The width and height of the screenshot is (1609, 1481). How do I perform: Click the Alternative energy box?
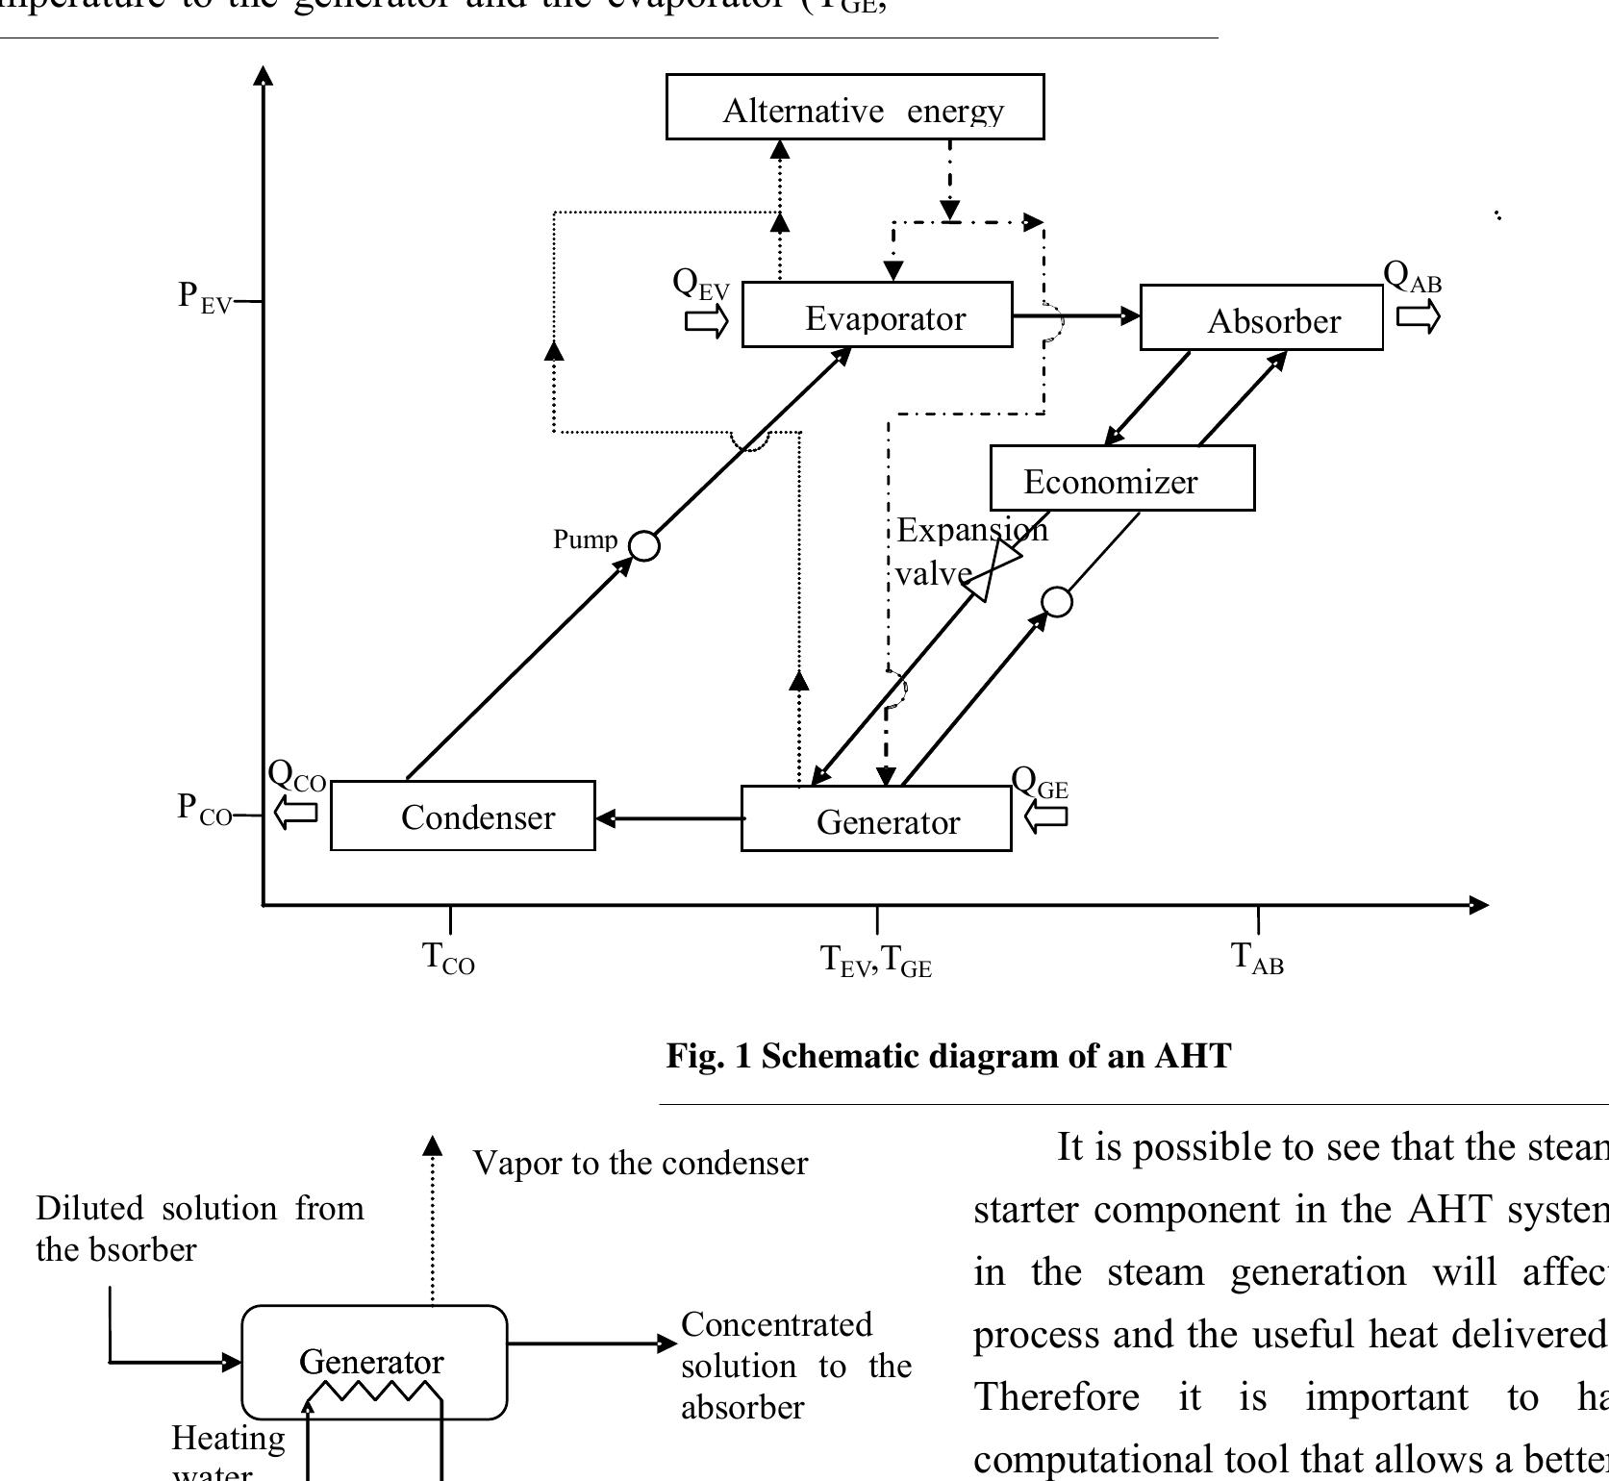click(855, 107)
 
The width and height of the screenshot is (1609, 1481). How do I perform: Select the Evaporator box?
click(877, 314)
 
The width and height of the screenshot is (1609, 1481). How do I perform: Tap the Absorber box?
click(1261, 318)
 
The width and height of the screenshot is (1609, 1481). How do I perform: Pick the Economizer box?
click(1121, 478)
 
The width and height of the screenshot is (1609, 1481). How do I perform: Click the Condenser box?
click(463, 816)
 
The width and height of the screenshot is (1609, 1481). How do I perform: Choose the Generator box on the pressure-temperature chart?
click(875, 818)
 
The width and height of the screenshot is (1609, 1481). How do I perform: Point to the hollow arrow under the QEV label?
click(707, 322)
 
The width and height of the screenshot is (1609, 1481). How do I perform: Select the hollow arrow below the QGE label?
click(1046, 817)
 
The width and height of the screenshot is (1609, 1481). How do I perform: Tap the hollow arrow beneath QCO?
click(295, 813)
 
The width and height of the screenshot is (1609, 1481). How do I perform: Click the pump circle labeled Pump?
click(644, 546)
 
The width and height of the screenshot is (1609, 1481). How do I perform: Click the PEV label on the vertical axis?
click(205, 296)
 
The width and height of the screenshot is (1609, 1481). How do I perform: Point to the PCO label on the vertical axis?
click(205, 808)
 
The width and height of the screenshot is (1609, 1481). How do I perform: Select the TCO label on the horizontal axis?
click(448, 959)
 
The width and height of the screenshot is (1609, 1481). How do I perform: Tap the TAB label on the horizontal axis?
click(1257, 959)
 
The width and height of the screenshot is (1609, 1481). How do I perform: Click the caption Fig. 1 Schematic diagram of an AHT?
click(948, 1056)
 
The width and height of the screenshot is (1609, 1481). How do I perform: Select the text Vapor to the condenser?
click(641, 1164)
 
